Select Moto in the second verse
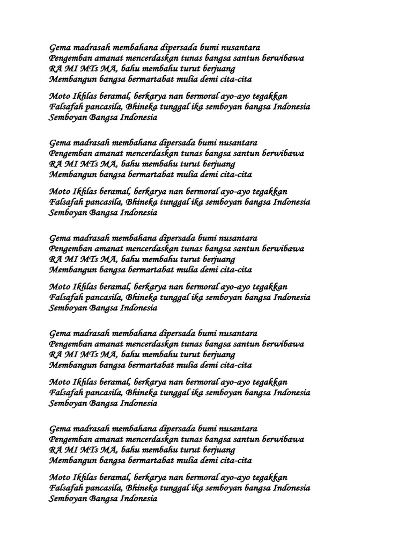[x=59, y=191]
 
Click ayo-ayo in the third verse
[x=237, y=287]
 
